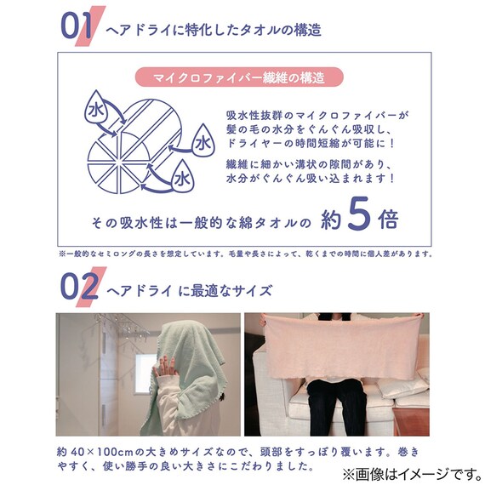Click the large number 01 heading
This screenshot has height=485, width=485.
click(77, 26)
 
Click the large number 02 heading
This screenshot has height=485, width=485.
click(79, 287)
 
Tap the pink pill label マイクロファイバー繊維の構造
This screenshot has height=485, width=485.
click(239, 77)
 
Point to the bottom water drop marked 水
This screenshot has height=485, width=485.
click(183, 177)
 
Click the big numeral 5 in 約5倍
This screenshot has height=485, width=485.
click(359, 214)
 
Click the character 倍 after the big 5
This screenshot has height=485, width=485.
click(389, 219)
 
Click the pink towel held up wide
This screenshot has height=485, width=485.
click(344, 346)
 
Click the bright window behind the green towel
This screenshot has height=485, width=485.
click(145, 374)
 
